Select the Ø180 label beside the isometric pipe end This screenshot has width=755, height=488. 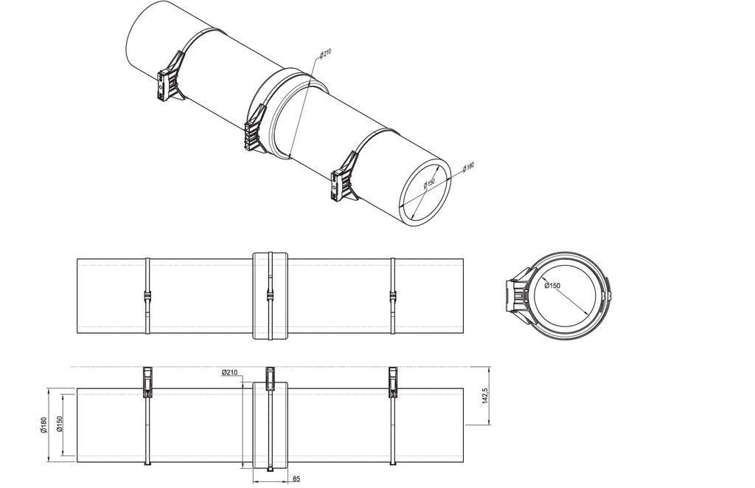pyautogui.click(x=468, y=168)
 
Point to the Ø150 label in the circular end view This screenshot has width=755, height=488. pyautogui.click(x=552, y=286)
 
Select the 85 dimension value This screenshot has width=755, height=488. pyautogui.click(x=296, y=479)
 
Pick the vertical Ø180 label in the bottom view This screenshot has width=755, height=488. pyautogui.click(x=45, y=426)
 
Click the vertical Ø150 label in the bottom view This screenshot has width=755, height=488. pyautogui.click(x=59, y=426)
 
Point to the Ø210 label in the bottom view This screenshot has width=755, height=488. pyautogui.click(x=229, y=374)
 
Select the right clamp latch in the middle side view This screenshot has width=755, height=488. pyautogui.click(x=392, y=297)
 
